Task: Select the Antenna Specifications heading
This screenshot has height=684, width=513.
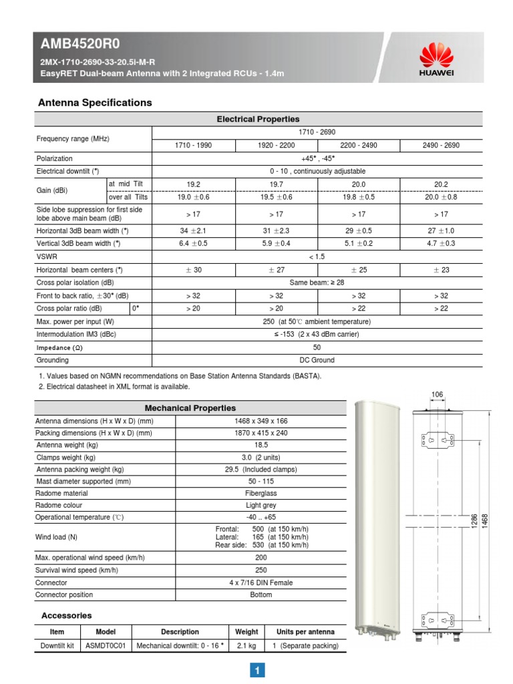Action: coord(95,103)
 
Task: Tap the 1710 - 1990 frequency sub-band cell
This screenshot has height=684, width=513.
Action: coord(194,145)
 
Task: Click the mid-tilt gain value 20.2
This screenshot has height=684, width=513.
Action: coord(441,184)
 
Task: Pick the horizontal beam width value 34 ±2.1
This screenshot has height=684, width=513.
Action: coord(194,230)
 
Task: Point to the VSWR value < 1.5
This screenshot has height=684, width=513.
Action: coord(317,256)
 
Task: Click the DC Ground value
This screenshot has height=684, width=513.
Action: coord(317,360)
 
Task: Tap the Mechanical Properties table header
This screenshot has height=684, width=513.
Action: coord(190,408)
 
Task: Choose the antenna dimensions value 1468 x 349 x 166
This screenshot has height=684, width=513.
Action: coord(261,421)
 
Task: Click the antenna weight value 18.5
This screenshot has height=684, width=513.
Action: coord(261,445)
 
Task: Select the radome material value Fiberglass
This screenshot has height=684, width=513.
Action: coord(261,493)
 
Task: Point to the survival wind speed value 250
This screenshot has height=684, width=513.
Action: coord(261,570)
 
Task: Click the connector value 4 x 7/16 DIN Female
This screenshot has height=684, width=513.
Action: coord(261,582)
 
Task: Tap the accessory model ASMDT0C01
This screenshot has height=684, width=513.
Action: coord(106,646)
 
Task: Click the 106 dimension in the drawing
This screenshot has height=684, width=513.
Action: coord(437,395)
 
